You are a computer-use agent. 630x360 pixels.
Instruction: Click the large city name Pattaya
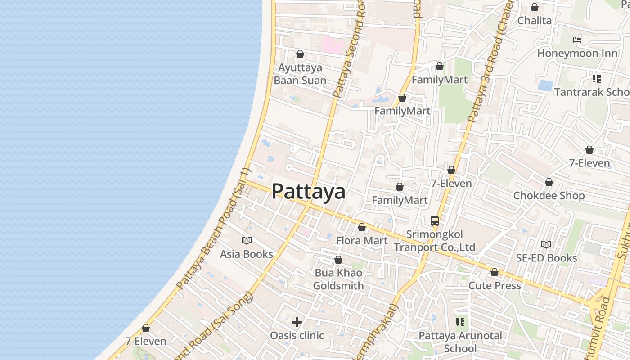click(309, 191)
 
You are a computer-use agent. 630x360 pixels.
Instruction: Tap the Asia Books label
click(246, 254)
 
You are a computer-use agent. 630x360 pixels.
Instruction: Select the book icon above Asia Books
click(247, 240)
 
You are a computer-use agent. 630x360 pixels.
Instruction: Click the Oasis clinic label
click(297, 335)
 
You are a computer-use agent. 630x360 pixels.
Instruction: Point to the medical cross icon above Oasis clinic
click(297, 322)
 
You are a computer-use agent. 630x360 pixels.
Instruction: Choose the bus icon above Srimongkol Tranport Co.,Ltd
click(434, 221)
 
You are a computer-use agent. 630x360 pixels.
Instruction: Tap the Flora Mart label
click(362, 241)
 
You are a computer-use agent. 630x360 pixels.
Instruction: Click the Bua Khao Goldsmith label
click(338, 279)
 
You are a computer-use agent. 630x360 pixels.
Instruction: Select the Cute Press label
click(495, 286)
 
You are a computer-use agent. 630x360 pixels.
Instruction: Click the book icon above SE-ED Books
click(546, 244)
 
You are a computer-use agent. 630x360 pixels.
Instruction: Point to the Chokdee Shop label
click(549, 196)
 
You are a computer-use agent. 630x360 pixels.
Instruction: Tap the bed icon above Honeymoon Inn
click(577, 40)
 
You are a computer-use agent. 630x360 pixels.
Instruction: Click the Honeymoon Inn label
click(577, 54)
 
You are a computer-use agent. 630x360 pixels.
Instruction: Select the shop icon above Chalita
click(535, 7)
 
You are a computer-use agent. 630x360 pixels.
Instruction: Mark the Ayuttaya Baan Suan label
click(300, 74)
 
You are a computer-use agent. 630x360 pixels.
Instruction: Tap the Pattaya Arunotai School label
click(460, 342)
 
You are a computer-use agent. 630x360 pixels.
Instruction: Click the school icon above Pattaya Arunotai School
click(460, 322)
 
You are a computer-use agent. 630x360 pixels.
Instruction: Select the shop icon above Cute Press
click(495, 272)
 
